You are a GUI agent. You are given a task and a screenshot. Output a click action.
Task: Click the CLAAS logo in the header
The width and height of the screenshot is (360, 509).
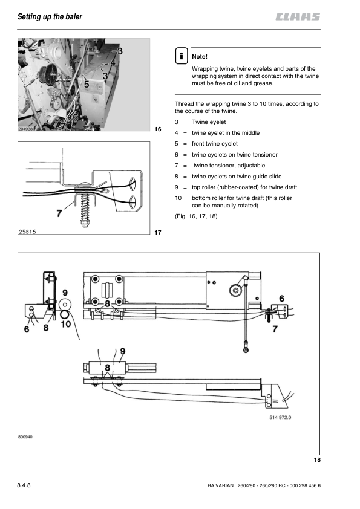coord(298,16)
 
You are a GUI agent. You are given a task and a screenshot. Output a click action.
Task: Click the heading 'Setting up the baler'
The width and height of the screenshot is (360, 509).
coord(50,16)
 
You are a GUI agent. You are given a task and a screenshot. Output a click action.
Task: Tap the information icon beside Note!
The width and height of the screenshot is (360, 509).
coord(182,56)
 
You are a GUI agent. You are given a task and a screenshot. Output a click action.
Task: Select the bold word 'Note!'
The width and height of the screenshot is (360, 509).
coord(200,56)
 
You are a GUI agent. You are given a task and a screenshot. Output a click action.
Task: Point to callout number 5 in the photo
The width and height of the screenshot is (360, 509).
coord(87,85)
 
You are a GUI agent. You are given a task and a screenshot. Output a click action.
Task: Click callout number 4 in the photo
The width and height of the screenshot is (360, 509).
coord(113,63)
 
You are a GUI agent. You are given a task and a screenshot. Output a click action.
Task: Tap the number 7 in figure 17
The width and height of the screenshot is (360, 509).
coord(59,213)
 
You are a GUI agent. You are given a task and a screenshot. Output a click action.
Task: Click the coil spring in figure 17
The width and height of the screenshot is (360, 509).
coord(85,210)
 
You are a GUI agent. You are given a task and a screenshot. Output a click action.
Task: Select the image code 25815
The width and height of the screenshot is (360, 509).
coord(27,232)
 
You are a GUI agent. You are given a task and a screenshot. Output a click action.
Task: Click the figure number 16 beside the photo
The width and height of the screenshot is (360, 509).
coord(158,129)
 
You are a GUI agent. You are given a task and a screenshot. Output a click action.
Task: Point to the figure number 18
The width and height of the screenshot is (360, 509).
coord(317,459)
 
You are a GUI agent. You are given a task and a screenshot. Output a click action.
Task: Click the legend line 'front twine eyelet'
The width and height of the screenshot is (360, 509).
coord(214,144)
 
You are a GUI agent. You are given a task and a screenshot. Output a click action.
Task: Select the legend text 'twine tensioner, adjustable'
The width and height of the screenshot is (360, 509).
coord(229,166)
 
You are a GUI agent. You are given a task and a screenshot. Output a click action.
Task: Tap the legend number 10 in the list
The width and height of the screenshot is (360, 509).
coord(178,198)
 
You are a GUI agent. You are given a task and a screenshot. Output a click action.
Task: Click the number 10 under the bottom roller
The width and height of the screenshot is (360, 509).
coord(65,324)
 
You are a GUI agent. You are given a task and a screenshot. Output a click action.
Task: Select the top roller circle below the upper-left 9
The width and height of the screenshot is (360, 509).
coord(65,305)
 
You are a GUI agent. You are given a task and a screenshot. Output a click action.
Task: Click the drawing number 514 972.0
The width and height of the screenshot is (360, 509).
coord(280,418)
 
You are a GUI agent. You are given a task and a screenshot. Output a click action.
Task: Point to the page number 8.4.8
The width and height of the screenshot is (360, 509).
coord(24,485)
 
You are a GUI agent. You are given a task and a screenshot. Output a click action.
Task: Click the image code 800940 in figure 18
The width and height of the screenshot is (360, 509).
coord(25,437)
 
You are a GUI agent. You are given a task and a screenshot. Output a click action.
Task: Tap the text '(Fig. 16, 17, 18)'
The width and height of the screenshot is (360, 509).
coord(196,216)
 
